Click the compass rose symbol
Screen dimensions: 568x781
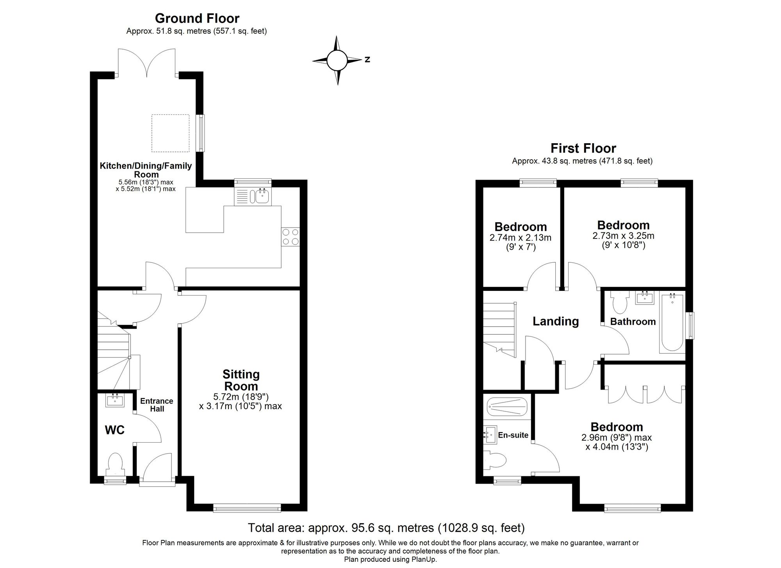[337, 60]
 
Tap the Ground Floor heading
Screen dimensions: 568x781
[197, 18]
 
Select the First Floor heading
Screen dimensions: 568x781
[583, 148]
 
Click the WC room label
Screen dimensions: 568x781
[114, 430]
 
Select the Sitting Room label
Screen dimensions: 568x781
[241, 380]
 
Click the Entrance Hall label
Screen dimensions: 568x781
[157, 405]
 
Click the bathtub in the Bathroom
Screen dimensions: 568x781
[672, 324]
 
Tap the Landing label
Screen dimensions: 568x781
[555, 321]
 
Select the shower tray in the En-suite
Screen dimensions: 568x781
[507, 407]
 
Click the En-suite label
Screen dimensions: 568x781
[513, 435]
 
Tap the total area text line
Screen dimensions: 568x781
[386, 528]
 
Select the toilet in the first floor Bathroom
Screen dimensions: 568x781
[619, 303]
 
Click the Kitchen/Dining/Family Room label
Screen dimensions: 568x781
[146, 170]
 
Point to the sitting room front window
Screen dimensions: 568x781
[247, 508]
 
